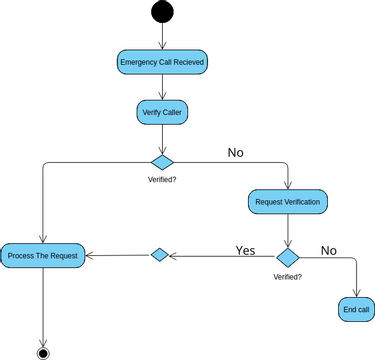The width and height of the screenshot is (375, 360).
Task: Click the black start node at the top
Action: coord(161,12)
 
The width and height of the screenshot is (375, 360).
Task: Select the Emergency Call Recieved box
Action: coord(162,62)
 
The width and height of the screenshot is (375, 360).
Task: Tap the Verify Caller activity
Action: coord(162,112)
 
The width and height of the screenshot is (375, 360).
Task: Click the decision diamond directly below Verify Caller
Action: coord(162,162)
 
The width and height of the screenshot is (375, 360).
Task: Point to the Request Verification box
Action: coord(288,202)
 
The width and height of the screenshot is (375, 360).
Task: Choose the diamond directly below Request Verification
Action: coord(288,257)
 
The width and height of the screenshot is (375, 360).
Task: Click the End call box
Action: coord(357,309)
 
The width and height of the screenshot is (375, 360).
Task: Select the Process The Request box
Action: coord(42,256)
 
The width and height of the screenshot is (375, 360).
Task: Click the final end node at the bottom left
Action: coord(43,352)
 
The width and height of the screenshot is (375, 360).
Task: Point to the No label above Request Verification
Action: coord(236,153)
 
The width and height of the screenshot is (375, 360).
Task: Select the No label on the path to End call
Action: coord(328,249)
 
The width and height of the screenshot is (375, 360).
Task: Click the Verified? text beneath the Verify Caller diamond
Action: coord(162,180)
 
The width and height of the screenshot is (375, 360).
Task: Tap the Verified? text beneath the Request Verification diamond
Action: coord(288,276)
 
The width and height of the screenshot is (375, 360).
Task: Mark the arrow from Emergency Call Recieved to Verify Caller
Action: coord(162,87)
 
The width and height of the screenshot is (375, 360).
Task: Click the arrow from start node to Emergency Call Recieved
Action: coord(162,36)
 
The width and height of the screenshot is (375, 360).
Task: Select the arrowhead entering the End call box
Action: coord(357,292)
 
